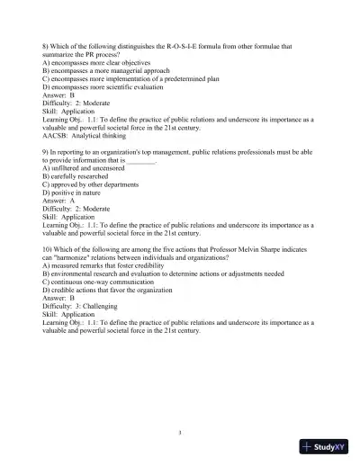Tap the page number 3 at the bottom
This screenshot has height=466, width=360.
[180, 433]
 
